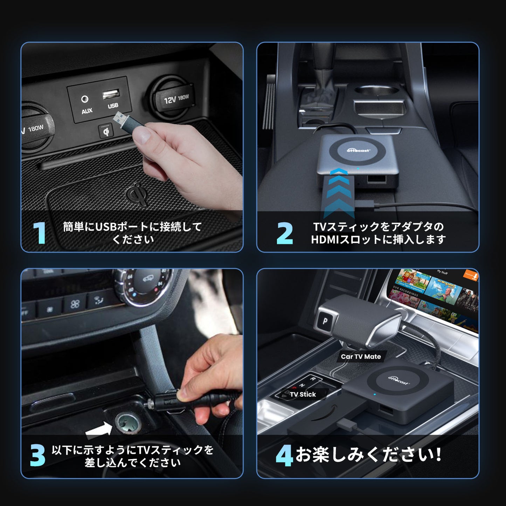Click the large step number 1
(39, 233)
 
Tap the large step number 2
(284, 233)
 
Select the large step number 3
(37, 455)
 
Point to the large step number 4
(284, 456)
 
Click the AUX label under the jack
(87, 111)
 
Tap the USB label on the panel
(113, 105)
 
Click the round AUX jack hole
(85, 99)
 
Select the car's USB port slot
(111, 94)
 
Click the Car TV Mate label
(361, 356)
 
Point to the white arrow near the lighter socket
(98, 430)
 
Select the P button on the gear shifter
(325, 320)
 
